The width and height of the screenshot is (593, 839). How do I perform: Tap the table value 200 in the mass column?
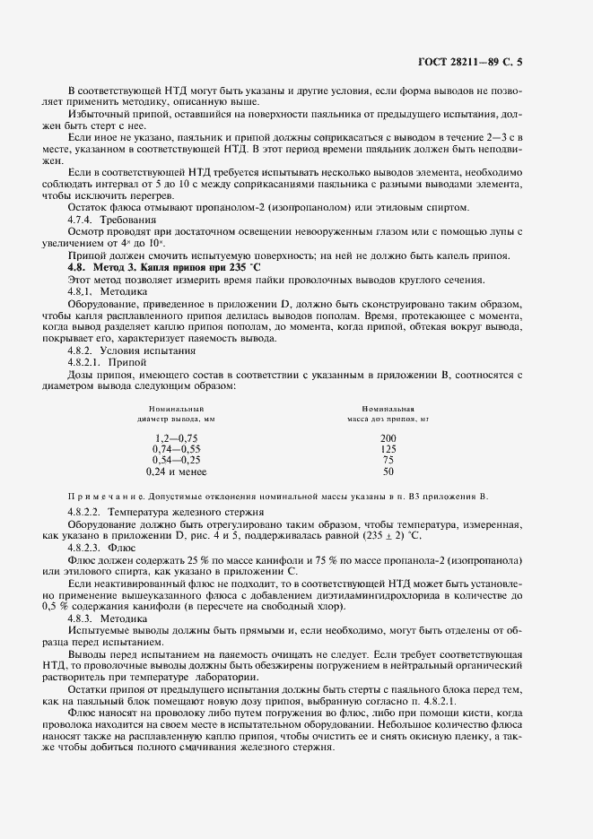pyautogui.click(x=388, y=437)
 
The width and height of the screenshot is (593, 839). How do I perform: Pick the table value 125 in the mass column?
pyautogui.click(x=388, y=448)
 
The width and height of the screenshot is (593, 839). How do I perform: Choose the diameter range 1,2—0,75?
pyautogui.click(x=176, y=437)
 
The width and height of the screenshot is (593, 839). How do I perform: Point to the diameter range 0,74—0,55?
pyautogui.click(x=176, y=448)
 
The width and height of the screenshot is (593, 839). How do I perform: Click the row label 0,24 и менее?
pyautogui.click(x=176, y=471)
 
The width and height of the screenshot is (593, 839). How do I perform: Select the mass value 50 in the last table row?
pyautogui.click(x=388, y=471)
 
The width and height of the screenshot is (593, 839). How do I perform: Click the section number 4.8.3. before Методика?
pyautogui.click(x=84, y=618)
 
